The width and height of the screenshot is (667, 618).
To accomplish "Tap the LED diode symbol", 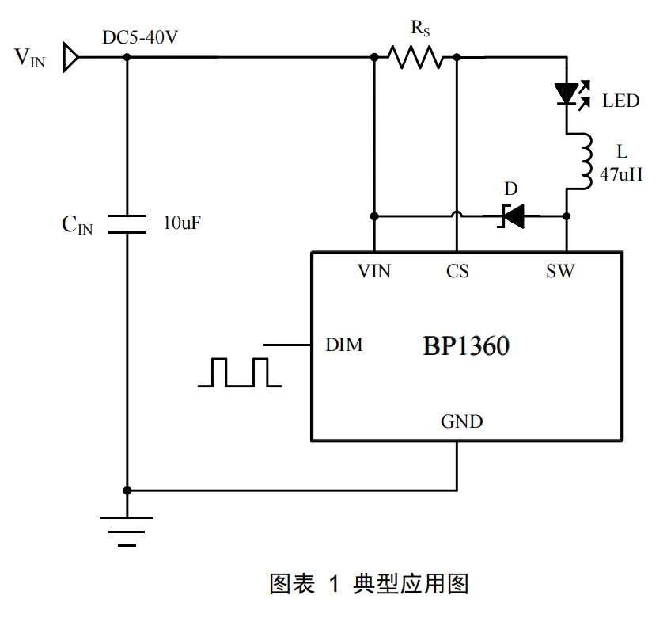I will click(567, 94).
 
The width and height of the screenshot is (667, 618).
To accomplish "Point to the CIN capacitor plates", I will click(127, 223).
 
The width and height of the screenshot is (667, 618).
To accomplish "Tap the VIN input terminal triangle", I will click(70, 57).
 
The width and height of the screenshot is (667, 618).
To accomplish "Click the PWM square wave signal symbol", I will click(240, 372).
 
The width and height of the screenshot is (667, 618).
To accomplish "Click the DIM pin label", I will click(344, 345).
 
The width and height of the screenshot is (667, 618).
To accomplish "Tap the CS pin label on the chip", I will click(457, 272).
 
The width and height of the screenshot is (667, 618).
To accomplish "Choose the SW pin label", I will click(560, 272).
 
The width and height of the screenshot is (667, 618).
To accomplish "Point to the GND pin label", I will click(461, 422).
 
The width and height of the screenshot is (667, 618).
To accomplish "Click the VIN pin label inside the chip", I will click(373, 272).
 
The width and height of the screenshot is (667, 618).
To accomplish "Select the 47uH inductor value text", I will click(620, 175).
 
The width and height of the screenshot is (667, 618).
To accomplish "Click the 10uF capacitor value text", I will click(182, 223).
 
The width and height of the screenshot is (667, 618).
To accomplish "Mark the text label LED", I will click(620, 101).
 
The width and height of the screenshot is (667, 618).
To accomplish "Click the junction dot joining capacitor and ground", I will click(127, 490).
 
